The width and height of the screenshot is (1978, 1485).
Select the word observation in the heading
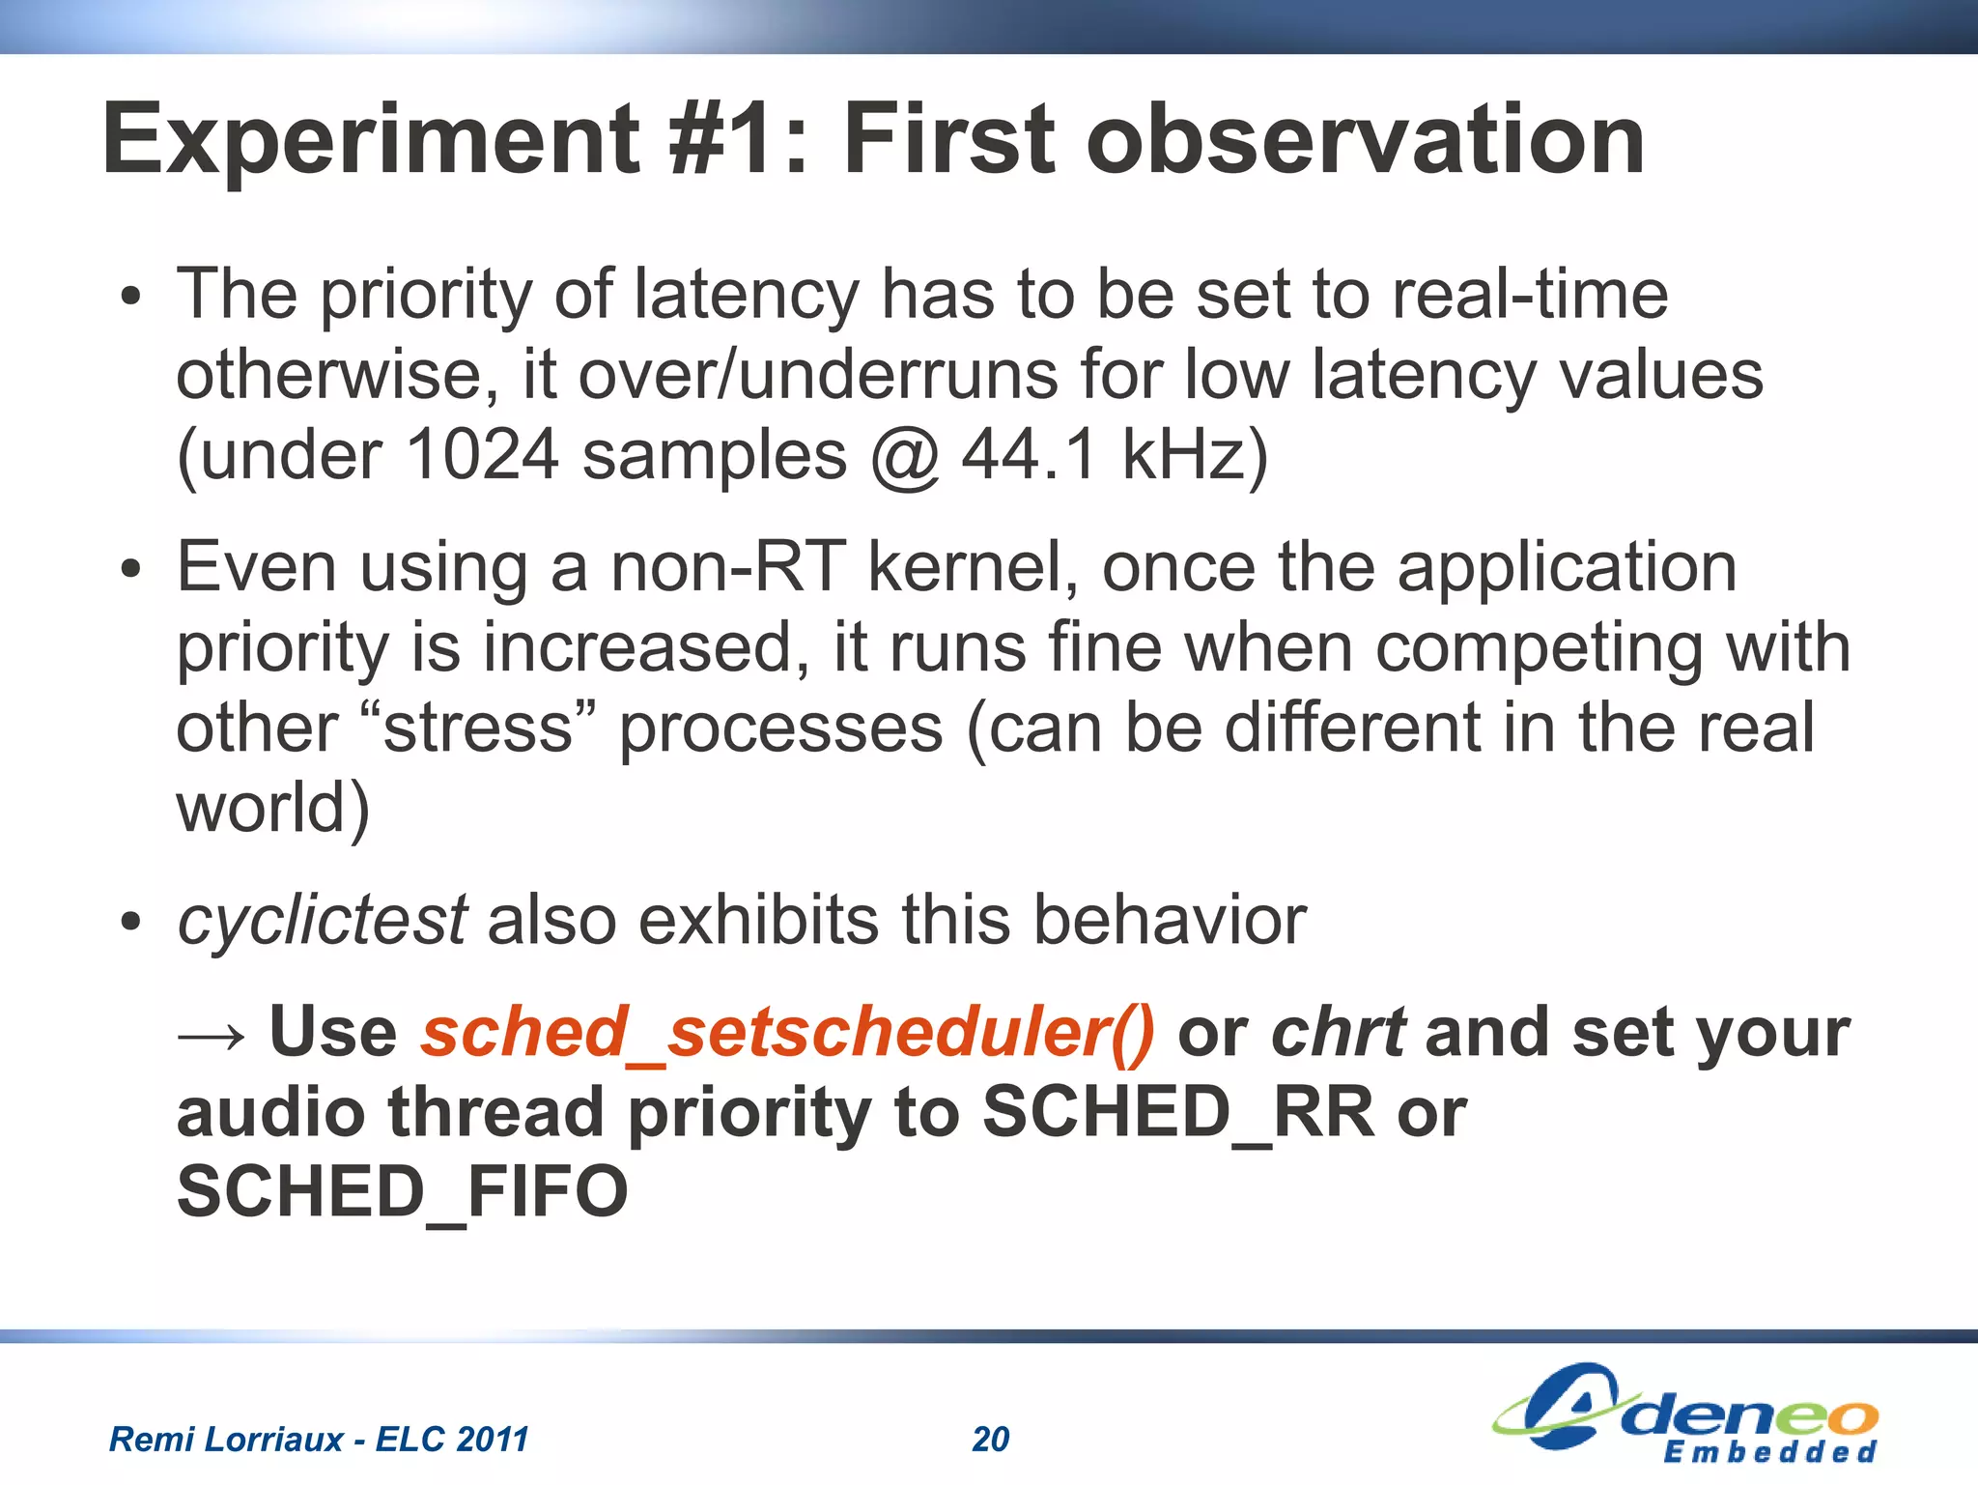1366,141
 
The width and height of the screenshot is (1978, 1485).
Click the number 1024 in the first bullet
482,454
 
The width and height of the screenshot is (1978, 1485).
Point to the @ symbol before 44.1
905,456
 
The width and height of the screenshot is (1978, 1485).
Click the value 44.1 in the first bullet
1030,454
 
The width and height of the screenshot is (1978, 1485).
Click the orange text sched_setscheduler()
787,1032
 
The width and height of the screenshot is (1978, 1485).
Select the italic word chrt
1338,1032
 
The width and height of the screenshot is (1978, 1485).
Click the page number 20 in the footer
990,1440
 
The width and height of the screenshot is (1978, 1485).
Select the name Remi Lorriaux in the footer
226,1440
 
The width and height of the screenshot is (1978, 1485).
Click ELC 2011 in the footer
452,1440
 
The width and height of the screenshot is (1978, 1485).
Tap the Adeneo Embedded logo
1685,1413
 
